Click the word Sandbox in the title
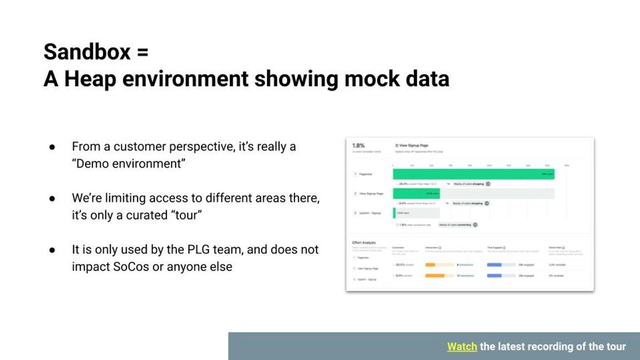[87, 52]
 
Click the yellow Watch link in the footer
[462, 347]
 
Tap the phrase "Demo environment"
[129, 163]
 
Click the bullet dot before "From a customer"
[52, 147]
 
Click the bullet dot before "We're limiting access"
[52, 198]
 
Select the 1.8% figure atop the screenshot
[359, 145]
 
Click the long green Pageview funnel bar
[473, 173]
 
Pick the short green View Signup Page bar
[417, 193]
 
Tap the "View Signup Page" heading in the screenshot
[413, 145]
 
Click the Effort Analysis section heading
[365, 243]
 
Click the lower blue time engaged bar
[494, 276]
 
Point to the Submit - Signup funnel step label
[370, 213]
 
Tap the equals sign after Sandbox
[143, 52]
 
